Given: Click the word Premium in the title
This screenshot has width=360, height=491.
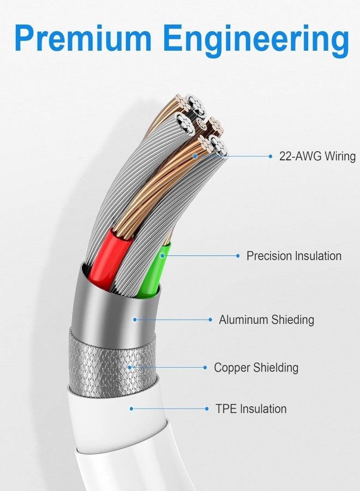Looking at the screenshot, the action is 83,39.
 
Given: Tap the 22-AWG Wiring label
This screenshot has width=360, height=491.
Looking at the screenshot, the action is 317,156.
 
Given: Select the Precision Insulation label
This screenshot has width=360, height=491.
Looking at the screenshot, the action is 293,256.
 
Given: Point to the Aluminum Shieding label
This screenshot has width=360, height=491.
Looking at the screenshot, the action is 266,320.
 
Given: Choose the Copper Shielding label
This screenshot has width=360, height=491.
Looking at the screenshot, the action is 256,367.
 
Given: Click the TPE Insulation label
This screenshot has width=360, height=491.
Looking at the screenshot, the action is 251,409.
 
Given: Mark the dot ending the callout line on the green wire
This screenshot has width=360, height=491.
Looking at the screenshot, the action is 162,256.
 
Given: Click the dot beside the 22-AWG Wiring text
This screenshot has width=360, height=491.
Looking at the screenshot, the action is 271,156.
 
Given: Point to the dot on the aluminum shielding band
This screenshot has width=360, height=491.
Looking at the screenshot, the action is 135,320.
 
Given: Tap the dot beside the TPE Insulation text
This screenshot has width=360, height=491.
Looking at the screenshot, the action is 207,409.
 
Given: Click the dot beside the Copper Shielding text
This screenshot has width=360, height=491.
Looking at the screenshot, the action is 205,368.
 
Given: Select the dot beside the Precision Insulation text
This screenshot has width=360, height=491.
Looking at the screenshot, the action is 238,256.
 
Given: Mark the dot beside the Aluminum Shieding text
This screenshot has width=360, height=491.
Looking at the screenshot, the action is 211,320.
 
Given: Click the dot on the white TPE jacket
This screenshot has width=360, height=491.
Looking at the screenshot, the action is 131,409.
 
